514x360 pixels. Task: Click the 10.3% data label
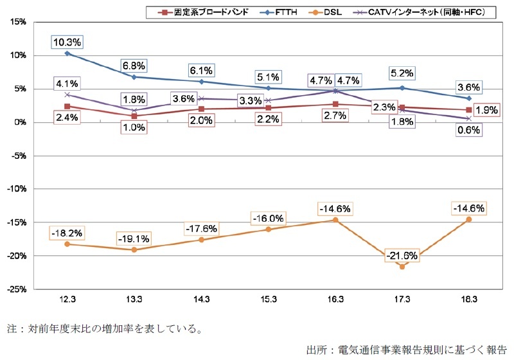(67, 42)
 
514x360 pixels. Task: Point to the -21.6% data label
(402, 256)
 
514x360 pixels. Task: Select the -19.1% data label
(134, 239)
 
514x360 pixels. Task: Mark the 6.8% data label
(134, 66)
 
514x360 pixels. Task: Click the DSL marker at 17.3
(402, 266)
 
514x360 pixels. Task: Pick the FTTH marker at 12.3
(67, 53)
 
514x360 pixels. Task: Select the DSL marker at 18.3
(468, 219)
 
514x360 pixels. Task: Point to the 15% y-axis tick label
(17, 22)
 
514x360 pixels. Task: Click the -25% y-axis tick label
(16, 289)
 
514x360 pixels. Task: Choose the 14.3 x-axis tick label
(201, 301)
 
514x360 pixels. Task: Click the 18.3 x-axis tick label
(468, 301)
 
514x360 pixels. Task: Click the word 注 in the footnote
(12, 329)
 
